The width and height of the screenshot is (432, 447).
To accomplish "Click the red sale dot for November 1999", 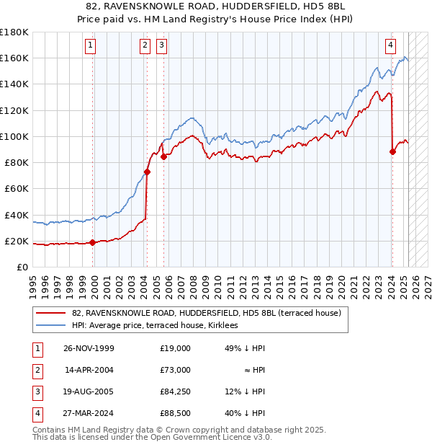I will click(93, 242).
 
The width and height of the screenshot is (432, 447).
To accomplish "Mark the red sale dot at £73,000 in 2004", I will click(147, 172).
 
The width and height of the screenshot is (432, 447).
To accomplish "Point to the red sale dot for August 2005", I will click(163, 156).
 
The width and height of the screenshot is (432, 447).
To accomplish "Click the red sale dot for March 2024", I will click(392, 151).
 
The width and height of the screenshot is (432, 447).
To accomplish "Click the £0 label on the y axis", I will click(21, 267).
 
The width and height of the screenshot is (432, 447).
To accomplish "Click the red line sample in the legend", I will click(50, 314).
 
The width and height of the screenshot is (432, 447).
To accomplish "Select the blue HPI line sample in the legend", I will click(50, 326).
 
